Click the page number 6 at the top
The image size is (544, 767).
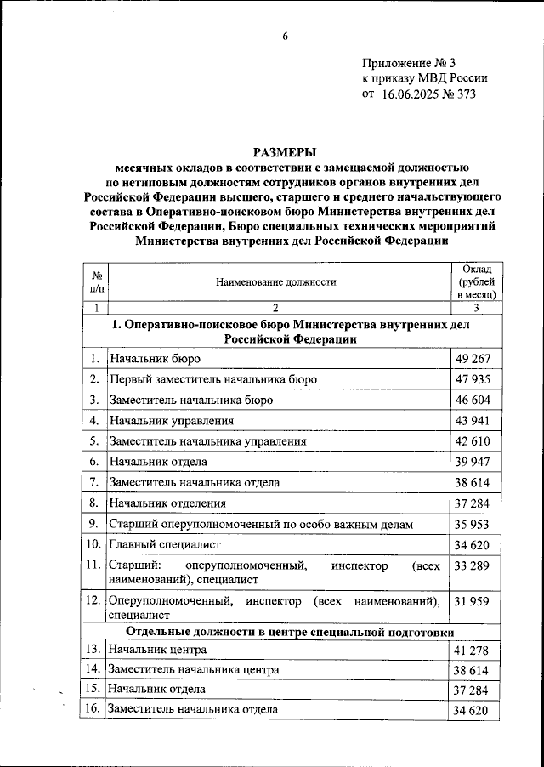tap(285, 35)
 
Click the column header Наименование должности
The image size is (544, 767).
tap(276, 281)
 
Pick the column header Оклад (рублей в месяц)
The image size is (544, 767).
tap(476, 281)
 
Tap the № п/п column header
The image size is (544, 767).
tap(97, 281)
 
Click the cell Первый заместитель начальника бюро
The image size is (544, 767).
tap(213, 378)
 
